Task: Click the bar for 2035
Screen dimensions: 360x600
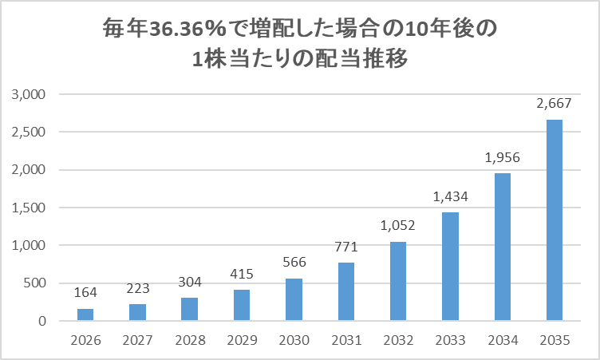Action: [x=555, y=220]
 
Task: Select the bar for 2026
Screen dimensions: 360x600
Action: [x=85, y=315]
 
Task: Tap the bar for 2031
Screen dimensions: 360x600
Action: [x=345, y=291]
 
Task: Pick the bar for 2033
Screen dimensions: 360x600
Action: [x=450, y=267]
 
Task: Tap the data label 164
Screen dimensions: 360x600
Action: [x=85, y=292]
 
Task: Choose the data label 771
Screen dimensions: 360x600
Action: [x=345, y=247]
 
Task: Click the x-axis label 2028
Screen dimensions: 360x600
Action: [x=189, y=341]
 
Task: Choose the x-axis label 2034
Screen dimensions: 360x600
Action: [x=503, y=341]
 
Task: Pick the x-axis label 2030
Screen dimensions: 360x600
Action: [x=294, y=341]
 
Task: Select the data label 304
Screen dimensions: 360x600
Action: [x=189, y=282]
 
